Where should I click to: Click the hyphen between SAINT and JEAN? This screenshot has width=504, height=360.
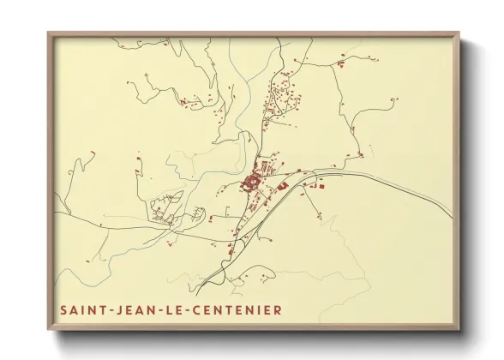click(108, 309)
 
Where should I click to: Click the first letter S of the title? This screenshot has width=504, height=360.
click(63, 309)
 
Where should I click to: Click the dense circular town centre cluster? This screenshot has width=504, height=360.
click(252, 181)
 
